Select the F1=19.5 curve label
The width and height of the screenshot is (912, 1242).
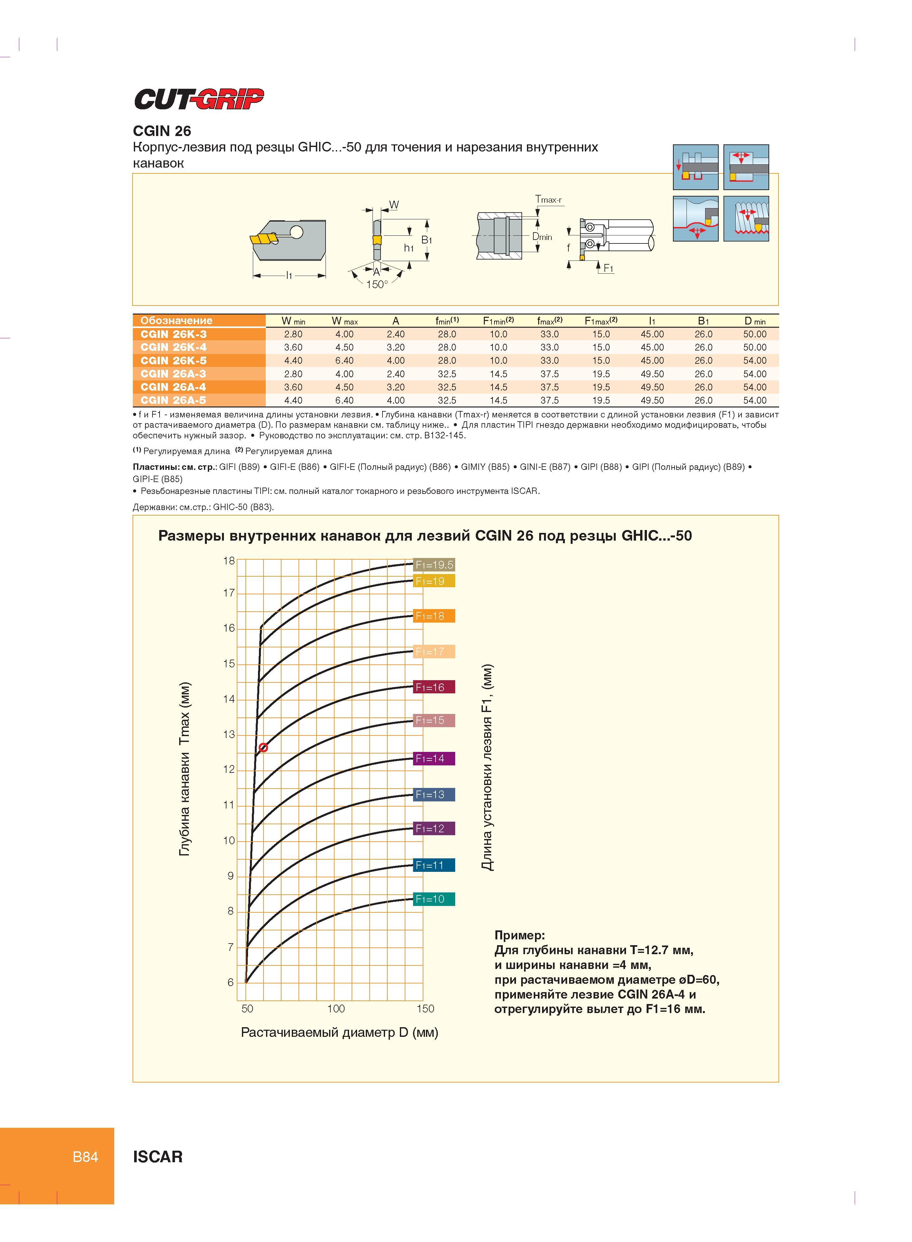click(x=434, y=564)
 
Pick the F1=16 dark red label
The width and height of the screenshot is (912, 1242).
click(x=434, y=687)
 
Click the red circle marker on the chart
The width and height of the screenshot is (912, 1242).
click(x=263, y=748)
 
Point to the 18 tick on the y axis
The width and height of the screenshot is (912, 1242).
click(x=228, y=561)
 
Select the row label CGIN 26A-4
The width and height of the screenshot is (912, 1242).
click(x=173, y=387)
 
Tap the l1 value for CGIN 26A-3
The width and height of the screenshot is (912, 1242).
click(x=652, y=374)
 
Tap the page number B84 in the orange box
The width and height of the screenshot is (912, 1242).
click(x=86, y=1157)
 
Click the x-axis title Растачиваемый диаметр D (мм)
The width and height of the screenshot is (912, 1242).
click(x=339, y=1032)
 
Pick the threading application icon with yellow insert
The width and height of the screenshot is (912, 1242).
click(x=746, y=218)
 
